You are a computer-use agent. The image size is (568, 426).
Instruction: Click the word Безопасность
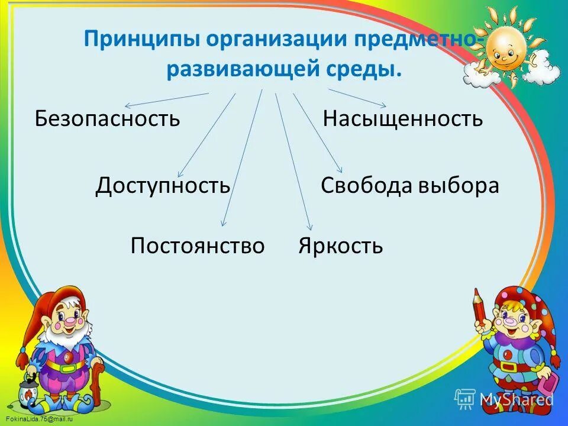[107, 118]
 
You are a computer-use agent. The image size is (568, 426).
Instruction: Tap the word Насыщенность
[403, 119]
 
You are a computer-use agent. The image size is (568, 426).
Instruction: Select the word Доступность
[163, 186]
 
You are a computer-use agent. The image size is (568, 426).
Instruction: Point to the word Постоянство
[198, 245]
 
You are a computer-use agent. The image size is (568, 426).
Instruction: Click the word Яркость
[341, 245]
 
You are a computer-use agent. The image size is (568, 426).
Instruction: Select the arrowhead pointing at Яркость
[309, 227]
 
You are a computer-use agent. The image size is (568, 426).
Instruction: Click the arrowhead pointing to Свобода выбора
[339, 170]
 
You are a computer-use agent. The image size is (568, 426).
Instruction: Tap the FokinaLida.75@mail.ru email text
[36, 419]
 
